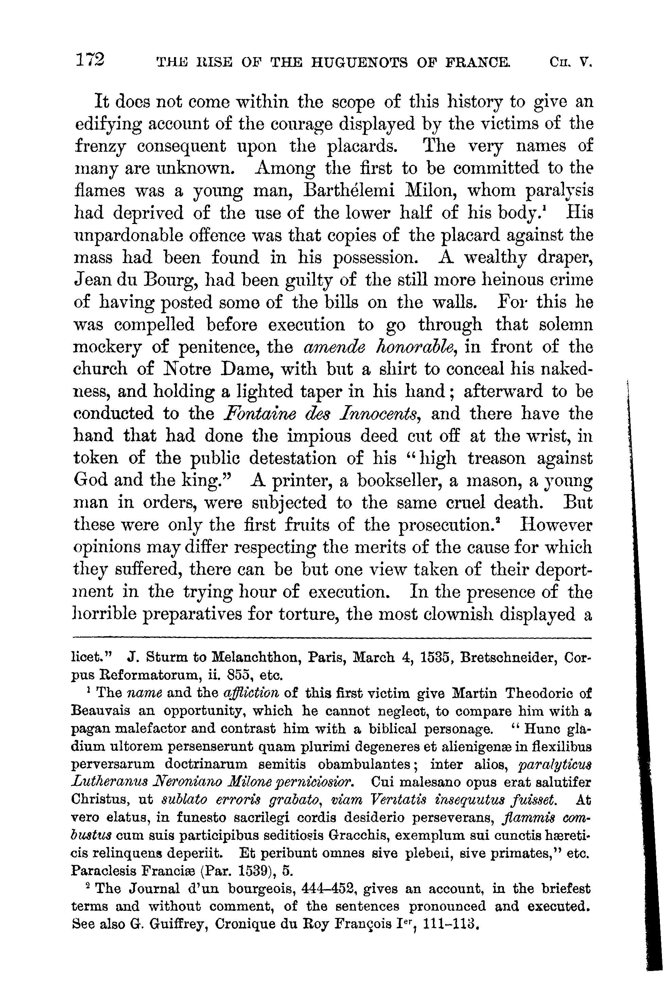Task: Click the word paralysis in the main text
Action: [559, 191]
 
